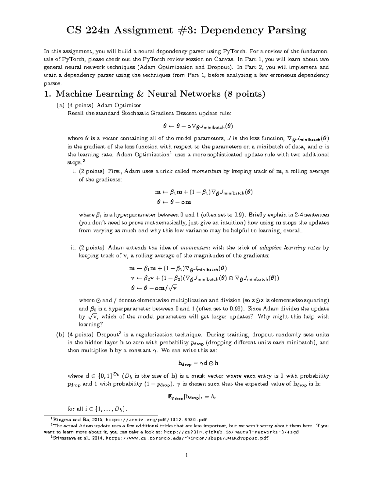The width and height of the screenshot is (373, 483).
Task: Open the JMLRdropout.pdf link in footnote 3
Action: (187, 438)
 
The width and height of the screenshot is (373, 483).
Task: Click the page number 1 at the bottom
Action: (186, 456)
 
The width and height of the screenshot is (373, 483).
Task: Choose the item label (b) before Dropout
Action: (60, 335)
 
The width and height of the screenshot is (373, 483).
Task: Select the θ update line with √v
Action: (154, 288)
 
